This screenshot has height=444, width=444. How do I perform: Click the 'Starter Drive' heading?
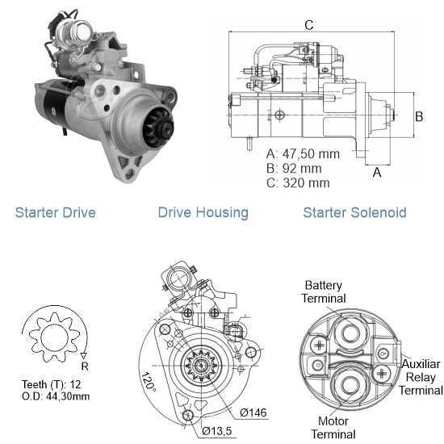coord(56,212)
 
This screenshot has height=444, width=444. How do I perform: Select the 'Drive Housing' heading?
coord(203,213)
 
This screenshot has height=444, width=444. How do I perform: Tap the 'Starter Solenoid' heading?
coord(354,212)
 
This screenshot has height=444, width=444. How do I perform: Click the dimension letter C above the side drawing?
coord(309,25)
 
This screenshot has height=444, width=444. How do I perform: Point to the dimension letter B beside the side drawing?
coord(419,116)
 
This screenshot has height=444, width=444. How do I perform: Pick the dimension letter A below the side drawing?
coord(377,172)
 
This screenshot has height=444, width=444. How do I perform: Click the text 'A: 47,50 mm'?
coord(303,153)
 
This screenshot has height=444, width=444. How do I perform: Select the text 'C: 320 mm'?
coord(298,183)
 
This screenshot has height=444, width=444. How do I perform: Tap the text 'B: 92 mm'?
coord(294,169)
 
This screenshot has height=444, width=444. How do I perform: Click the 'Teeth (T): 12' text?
coord(51,384)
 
